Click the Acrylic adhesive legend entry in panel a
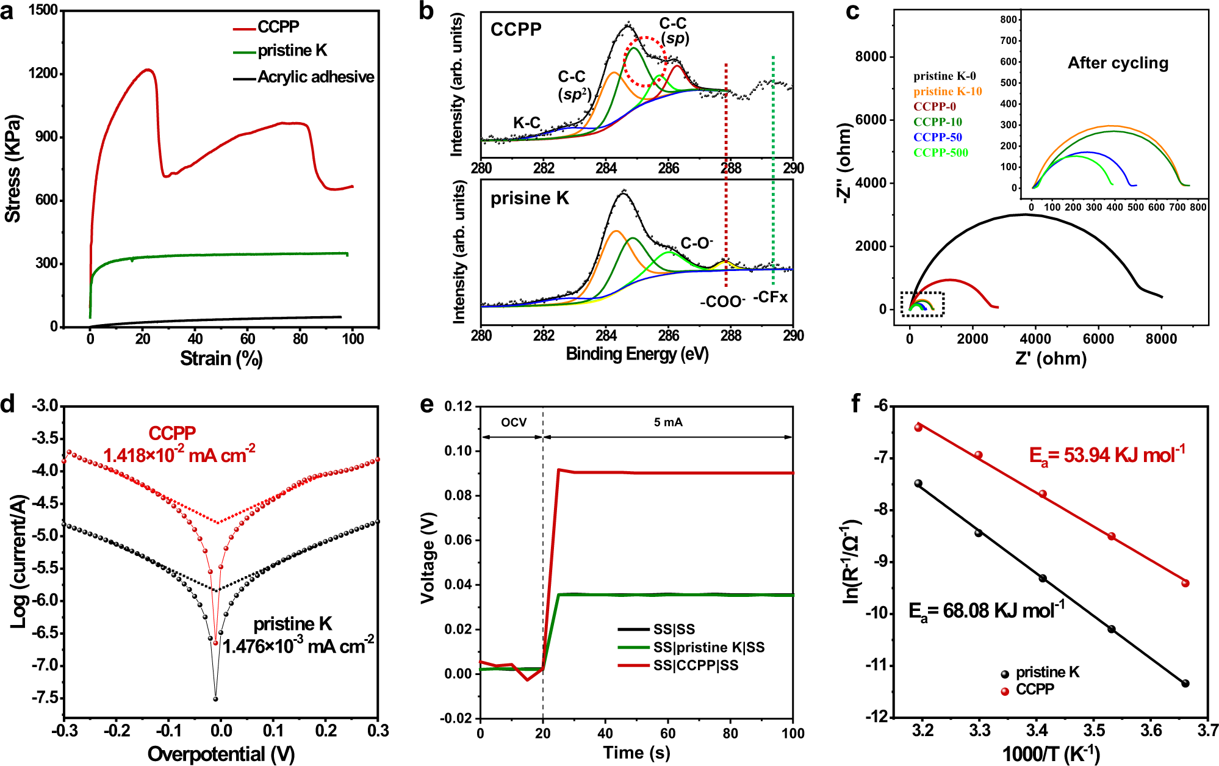315,78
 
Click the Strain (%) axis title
221,358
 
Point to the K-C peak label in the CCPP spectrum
526,123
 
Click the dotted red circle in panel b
644,61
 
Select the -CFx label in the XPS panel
771,297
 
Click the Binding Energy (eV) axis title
637,354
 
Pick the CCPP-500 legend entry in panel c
940,153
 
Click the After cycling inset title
1118,63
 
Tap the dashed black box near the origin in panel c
922,303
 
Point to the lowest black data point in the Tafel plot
215,699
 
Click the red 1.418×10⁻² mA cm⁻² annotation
179,455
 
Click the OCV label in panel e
513,422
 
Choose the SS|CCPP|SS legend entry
695,665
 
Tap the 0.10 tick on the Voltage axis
458,451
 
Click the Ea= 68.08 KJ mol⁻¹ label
986,610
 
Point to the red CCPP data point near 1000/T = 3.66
1185,583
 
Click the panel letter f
856,403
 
